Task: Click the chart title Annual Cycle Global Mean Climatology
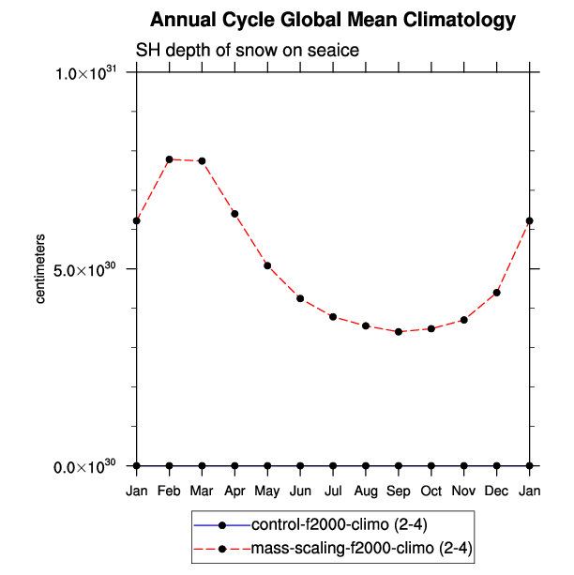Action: point(333,21)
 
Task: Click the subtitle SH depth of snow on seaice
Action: point(249,50)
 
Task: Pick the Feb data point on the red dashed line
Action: point(170,159)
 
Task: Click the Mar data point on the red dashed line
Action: point(203,161)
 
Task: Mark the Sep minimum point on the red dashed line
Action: point(399,332)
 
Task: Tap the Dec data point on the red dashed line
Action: point(497,293)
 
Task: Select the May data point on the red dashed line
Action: point(267,265)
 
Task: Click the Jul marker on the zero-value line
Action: point(333,465)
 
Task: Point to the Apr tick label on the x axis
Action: point(234,491)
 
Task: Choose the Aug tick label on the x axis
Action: point(366,491)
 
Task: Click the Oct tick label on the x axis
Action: point(431,491)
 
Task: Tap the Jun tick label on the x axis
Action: point(300,491)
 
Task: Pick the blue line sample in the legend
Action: point(221,522)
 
